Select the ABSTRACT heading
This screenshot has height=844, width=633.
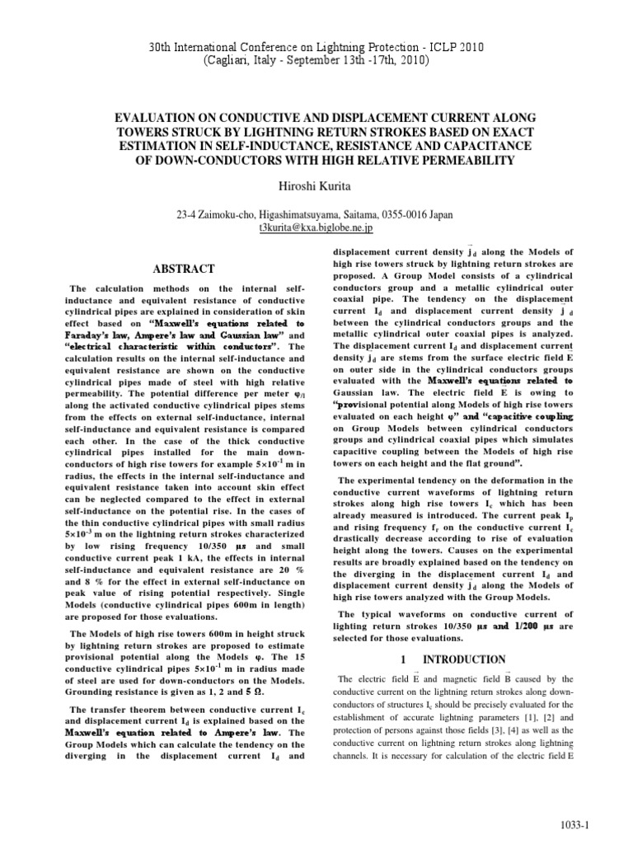point(185,269)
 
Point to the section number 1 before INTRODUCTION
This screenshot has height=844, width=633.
point(403,660)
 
